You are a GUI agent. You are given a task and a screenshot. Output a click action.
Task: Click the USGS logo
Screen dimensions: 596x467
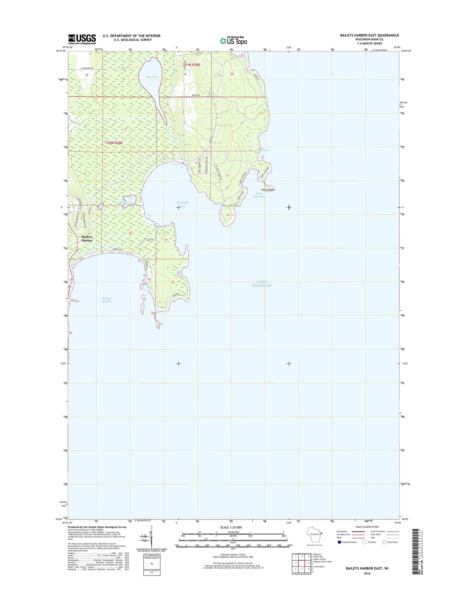[x=82, y=39]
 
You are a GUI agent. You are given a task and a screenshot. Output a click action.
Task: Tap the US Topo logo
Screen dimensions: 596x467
[x=233, y=40]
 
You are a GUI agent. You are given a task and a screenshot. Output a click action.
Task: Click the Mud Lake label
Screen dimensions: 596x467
[x=152, y=77]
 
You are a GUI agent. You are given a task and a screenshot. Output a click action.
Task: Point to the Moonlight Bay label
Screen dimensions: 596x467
[x=182, y=204]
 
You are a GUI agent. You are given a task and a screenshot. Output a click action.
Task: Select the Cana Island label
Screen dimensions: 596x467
[x=268, y=190]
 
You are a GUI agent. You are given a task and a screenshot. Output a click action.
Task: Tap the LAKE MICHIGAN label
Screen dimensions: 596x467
[x=262, y=284]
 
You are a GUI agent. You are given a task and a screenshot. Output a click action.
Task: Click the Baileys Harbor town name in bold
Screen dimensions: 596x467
[x=87, y=239]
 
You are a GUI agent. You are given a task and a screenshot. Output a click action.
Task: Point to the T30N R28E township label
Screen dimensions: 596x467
[x=114, y=143]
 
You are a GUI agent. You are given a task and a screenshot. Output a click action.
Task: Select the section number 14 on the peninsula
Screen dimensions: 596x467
[x=228, y=215]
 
